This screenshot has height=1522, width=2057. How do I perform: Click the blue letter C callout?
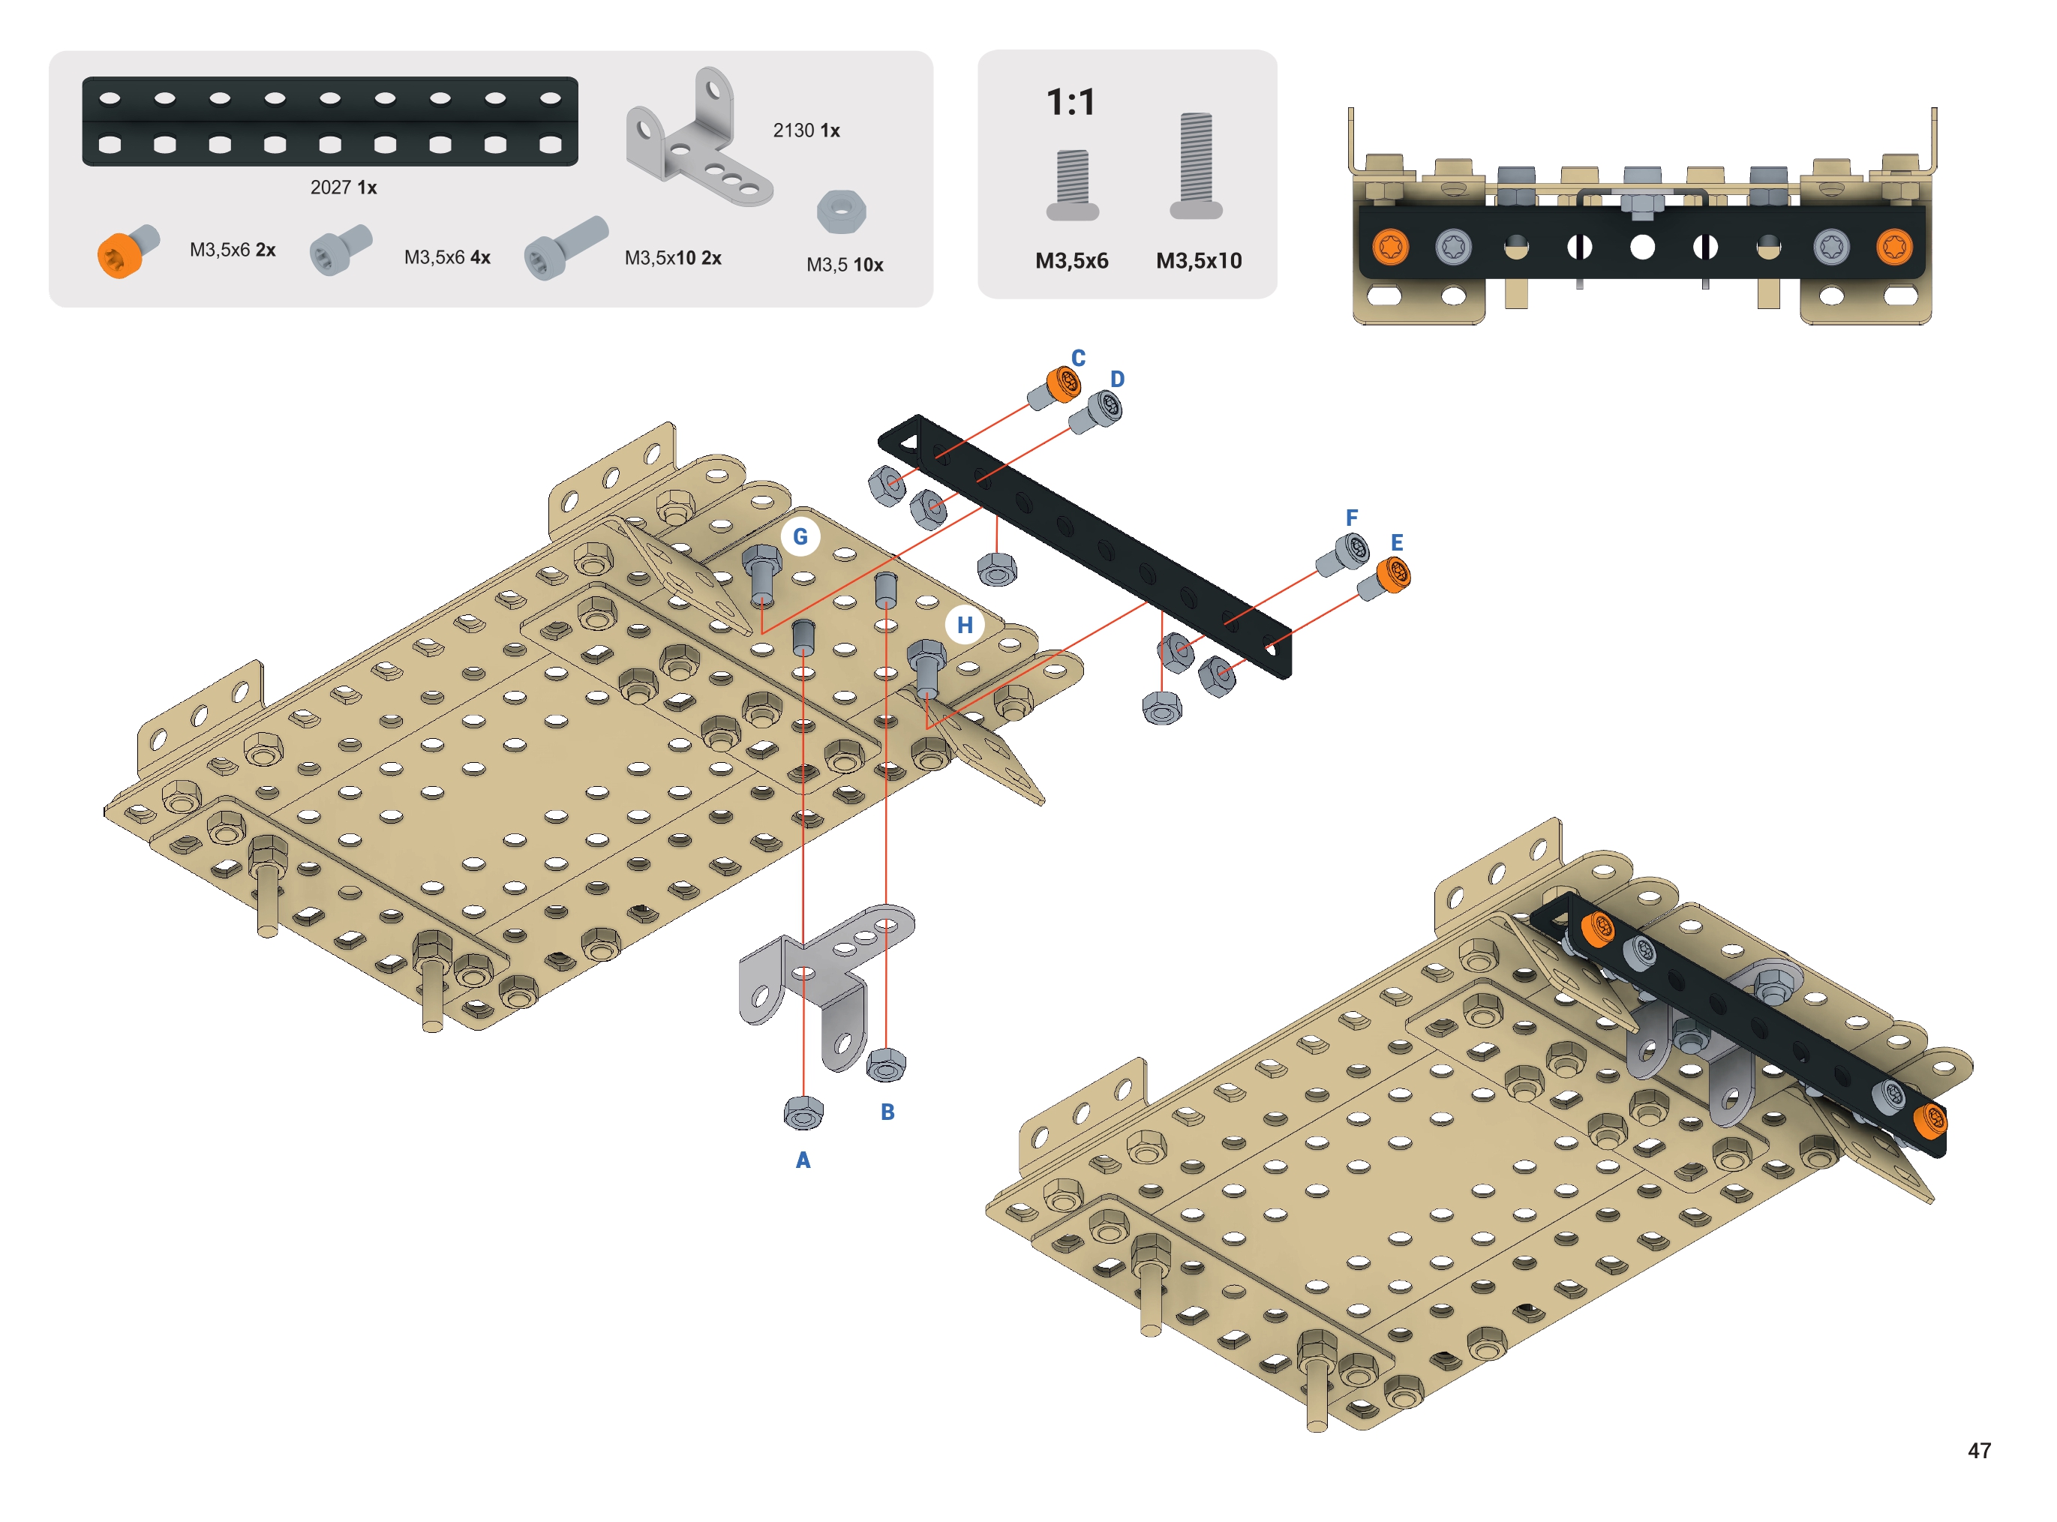pos(1078,358)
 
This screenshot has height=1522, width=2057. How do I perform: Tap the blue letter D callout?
pos(1116,379)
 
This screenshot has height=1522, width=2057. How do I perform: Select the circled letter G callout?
pos(800,536)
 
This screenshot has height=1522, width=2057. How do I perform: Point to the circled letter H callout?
pos(965,625)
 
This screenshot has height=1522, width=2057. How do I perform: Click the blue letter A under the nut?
pos(803,1160)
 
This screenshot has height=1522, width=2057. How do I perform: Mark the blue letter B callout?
pos(887,1112)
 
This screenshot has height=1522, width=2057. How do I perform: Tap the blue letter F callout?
pos(1351,518)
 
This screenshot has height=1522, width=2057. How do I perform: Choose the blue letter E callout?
pos(1397,542)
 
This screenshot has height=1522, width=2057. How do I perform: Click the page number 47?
pos(1979,1450)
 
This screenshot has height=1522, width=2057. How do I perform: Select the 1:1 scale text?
pos(1071,102)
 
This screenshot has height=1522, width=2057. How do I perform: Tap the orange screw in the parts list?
pos(128,251)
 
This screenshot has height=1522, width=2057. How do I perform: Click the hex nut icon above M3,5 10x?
pos(841,212)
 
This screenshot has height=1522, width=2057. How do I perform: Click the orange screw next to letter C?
pos(1056,386)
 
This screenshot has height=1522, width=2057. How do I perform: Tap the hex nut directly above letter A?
pos(803,1113)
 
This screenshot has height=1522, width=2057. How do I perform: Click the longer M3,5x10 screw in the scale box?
pos(1196,166)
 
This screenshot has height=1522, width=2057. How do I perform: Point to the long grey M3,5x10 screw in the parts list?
pos(566,247)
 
